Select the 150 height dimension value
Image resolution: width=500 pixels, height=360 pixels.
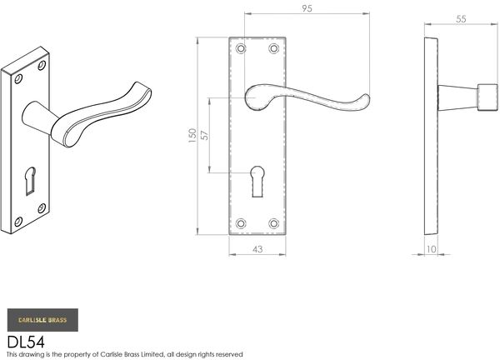pos(192,136)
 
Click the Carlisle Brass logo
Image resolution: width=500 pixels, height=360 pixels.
pos(42,320)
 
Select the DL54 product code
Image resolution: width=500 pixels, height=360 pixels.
pos(25,341)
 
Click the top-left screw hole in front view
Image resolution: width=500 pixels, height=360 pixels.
pos(241,49)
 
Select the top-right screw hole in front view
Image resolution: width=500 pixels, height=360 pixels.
pos(273,49)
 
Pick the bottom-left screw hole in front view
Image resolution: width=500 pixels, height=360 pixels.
pos(241,222)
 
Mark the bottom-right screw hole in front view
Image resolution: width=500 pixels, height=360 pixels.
pos(273,222)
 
